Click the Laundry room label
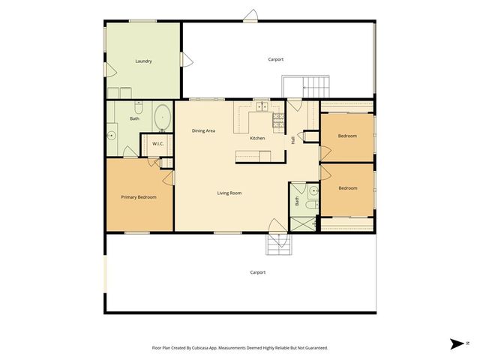143,61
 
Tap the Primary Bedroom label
139,197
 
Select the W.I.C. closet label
158,144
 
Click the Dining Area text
203,131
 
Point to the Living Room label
229,193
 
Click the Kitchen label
257,138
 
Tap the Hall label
292,139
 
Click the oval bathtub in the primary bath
162,118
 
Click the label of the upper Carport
276,59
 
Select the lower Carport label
257,272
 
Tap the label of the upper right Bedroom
346,136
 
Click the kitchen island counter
253,156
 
